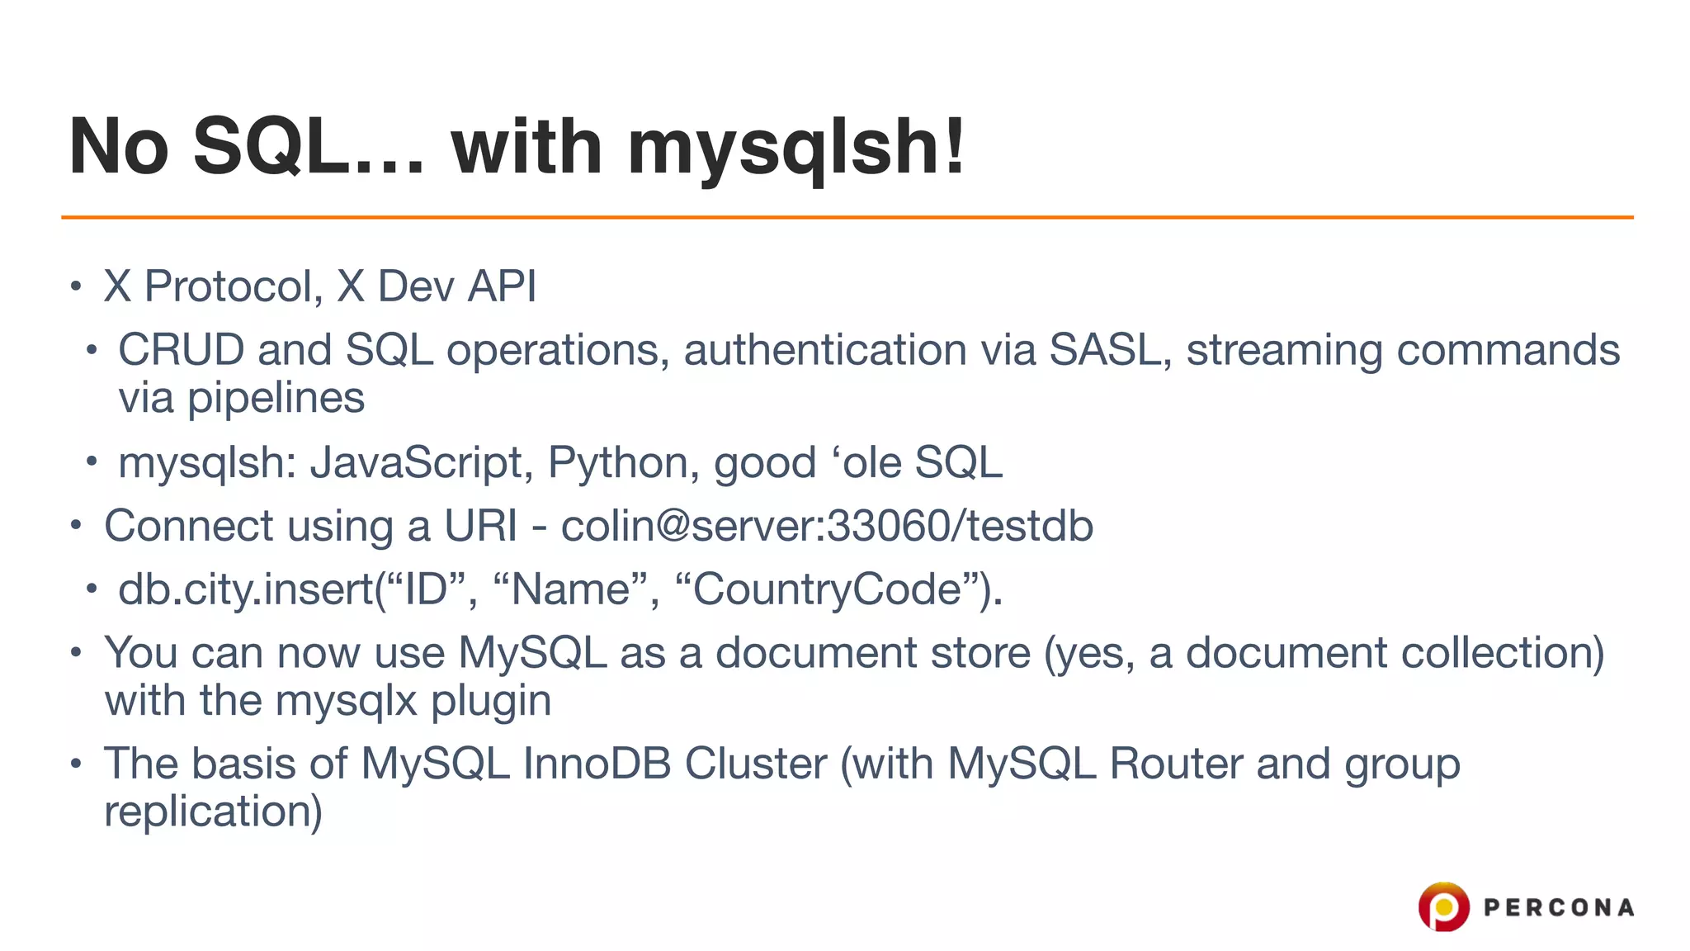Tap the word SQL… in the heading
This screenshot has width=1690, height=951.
click(x=309, y=147)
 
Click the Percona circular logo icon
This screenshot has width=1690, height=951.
click(x=1443, y=906)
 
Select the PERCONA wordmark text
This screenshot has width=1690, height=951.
click(x=1559, y=908)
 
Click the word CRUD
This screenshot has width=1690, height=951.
click(x=181, y=350)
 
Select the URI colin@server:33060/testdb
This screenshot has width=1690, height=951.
click(x=827, y=526)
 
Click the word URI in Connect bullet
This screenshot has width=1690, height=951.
click(x=480, y=526)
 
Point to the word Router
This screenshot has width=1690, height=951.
click(x=1176, y=764)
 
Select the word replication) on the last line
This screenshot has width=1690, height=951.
click(x=213, y=811)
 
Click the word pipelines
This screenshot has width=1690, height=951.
click(x=276, y=399)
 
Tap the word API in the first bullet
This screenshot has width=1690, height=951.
click(x=502, y=286)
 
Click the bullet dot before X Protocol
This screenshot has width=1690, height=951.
click(x=76, y=286)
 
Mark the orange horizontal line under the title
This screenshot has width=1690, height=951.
click(x=847, y=217)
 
